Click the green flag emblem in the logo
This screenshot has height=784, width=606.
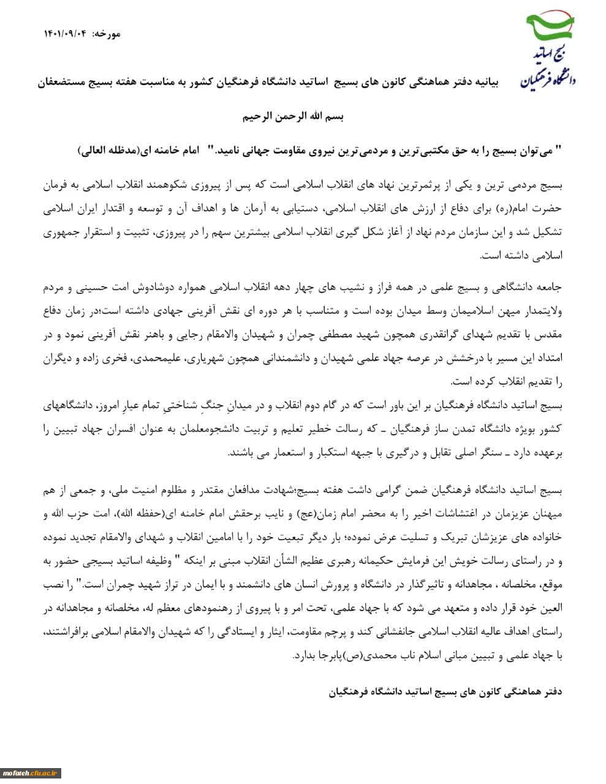(x=550, y=26)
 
